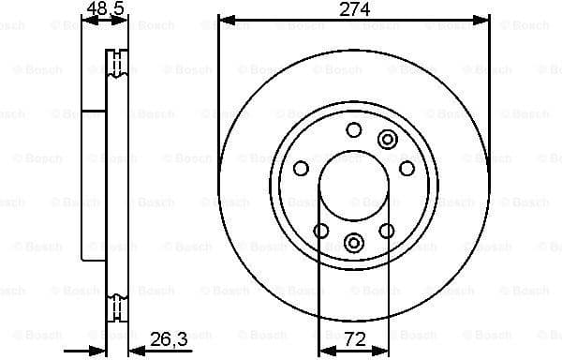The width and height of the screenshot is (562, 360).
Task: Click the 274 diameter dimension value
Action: pyautogui.click(x=354, y=9)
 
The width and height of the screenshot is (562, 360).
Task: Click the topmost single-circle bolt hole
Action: pyautogui.click(x=353, y=130)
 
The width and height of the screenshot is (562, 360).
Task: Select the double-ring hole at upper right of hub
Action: pyautogui.click(x=387, y=140)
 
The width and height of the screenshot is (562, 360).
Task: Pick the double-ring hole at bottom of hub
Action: pyautogui.click(x=353, y=243)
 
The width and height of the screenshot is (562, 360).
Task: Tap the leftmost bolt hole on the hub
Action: pyautogui.click(x=301, y=168)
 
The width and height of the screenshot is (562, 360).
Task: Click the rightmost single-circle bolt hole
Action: pyautogui.click(x=407, y=168)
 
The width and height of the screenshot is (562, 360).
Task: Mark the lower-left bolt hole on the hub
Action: pyautogui.click(x=320, y=231)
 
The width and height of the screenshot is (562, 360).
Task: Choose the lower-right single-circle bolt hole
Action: pyautogui.click(x=386, y=231)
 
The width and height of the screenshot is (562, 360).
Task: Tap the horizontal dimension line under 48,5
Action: pyautogui.click(x=105, y=20)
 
